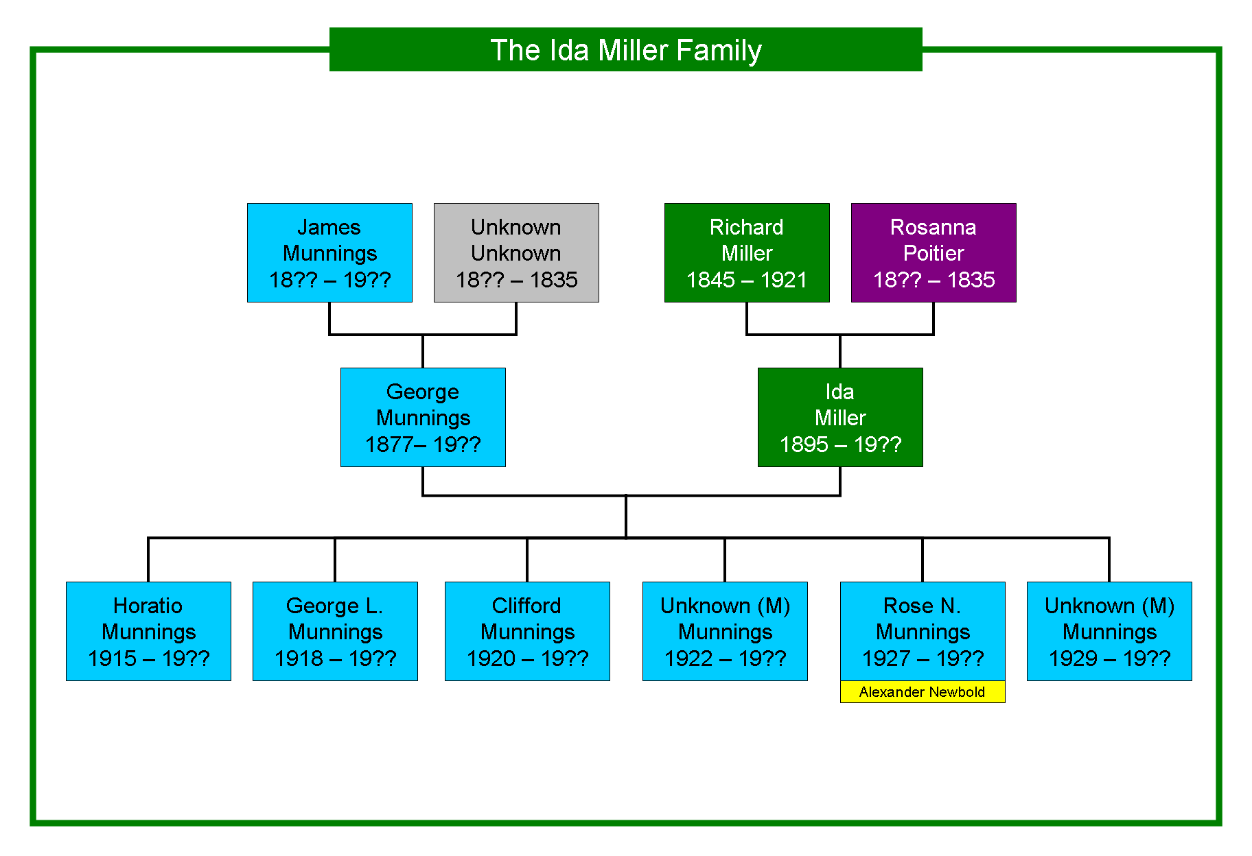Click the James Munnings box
(x=329, y=252)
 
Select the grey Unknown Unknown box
(x=516, y=252)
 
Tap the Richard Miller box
(x=747, y=252)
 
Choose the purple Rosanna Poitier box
(x=934, y=252)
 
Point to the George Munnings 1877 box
(x=423, y=417)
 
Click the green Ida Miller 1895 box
(x=840, y=417)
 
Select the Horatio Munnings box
(x=148, y=631)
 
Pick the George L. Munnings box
(x=335, y=631)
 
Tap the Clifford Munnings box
(x=527, y=631)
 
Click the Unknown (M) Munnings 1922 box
(x=725, y=631)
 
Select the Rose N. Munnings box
(x=923, y=631)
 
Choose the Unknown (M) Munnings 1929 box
(x=1109, y=631)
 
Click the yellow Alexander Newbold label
(x=923, y=691)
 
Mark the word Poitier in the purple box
(x=934, y=253)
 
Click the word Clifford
(x=526, y=606)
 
